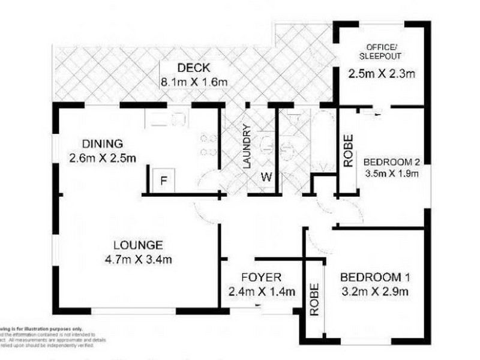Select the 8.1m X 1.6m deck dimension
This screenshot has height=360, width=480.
coord(193,82)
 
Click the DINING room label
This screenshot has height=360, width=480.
coord(103,144)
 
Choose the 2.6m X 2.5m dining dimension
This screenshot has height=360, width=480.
coord(103,158)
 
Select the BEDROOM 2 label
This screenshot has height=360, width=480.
coord(391,162)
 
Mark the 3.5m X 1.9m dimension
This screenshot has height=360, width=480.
coord(391,175)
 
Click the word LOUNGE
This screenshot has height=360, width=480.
coord(138,245)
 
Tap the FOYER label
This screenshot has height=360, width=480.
coord(262,278)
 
